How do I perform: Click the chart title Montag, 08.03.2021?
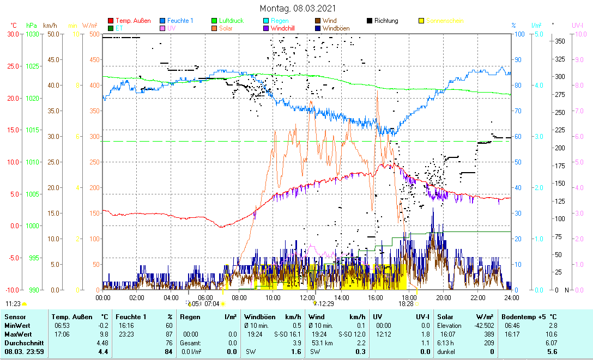pos(298,8)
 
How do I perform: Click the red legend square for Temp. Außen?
pos(111,21)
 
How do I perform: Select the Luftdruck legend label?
pos(231,21)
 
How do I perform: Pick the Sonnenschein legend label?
pos(445,21)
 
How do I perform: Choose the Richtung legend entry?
pos(386,21)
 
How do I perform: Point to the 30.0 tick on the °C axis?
pos(14,34)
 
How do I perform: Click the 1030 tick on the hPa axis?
pos(32,34)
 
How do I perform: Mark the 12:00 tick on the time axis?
pos(307,297)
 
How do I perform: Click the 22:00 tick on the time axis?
pos(477,297)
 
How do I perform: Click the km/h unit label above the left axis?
pos(50,26)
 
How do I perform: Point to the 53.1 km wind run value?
pos(318,343)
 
